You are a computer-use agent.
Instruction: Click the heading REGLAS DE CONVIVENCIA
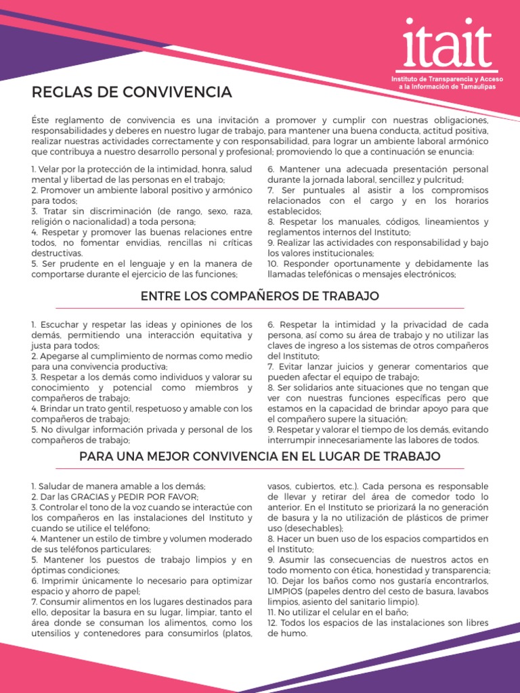point(131,91)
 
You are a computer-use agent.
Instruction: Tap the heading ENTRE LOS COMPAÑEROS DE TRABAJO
point(259,296)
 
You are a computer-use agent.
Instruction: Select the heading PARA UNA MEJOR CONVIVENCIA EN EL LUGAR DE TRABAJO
point(259,457)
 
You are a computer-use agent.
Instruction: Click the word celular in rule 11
point(332,612)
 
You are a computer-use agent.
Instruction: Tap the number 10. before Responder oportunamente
point(273,263)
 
